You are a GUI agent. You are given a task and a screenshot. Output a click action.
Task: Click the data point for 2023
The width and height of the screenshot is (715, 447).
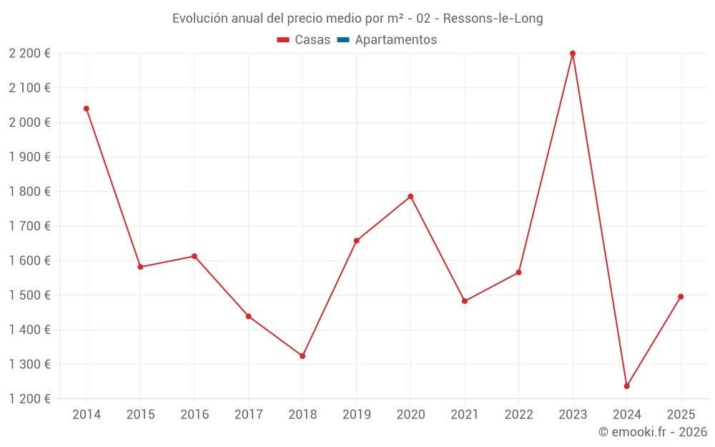coord(573,54)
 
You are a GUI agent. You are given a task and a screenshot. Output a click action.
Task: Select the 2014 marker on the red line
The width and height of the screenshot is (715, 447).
coord(87,109)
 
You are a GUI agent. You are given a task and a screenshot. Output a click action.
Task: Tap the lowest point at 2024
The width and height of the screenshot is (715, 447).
coord(626,386)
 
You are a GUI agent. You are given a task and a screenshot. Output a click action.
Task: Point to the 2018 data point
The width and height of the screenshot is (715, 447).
coord(302,356)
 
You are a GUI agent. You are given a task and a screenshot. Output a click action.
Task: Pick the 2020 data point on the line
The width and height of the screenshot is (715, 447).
coord(410,197)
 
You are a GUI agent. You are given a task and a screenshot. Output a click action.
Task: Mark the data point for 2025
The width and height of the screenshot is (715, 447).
coord(681,297)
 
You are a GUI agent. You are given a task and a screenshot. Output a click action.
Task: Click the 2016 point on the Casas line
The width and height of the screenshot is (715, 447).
coord(194,256)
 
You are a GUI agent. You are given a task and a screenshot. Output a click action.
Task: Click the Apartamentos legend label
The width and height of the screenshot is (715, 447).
coord(395,40)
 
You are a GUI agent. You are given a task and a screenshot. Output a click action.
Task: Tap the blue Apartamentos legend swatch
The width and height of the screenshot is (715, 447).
coord(342,40)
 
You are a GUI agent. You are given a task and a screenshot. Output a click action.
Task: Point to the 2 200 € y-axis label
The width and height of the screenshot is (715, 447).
coord(29,54)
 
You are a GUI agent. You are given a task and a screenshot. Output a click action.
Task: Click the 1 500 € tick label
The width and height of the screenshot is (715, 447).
coord(29,295)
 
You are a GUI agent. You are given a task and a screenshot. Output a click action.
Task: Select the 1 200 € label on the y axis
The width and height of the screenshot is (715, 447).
coord(29,399)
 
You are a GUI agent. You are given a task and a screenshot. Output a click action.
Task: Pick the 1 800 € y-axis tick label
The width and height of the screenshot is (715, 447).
coord(29,192)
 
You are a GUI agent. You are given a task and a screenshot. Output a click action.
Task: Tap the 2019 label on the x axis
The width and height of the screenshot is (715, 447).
coord(356,415)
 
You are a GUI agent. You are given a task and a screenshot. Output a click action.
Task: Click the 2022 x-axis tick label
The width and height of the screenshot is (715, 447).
coord(518,415)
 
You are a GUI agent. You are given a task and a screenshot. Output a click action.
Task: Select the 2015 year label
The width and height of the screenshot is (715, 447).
coord(140,415)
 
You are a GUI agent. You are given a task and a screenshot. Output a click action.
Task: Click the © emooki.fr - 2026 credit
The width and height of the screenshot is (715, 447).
coord(652,432)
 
